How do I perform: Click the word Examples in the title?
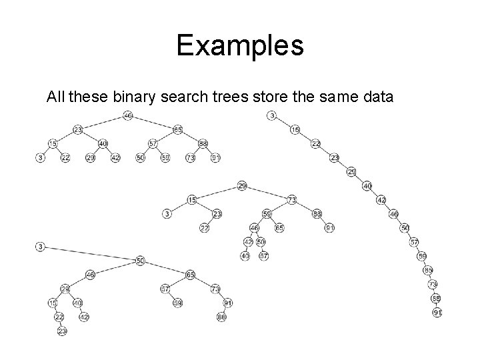coord(240,46)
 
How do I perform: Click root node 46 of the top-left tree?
coord(128,115)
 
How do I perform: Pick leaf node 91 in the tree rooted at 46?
coord(215,157)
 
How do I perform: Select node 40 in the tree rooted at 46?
coord(103,143)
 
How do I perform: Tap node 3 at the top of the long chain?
coord(272,115)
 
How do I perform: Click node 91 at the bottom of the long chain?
coord(437,312)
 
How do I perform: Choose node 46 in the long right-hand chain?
coord(394,214)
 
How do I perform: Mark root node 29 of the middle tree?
coord(242,185)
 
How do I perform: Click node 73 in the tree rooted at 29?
coord(292,199)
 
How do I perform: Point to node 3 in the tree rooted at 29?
coord(167,213)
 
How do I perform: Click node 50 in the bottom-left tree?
coord(140,261)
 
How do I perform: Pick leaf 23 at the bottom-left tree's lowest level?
coord(62,331)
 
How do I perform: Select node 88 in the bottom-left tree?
coord(222,317)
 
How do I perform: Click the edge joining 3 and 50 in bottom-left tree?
coord(90,253)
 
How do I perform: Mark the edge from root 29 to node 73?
coord(267,192)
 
